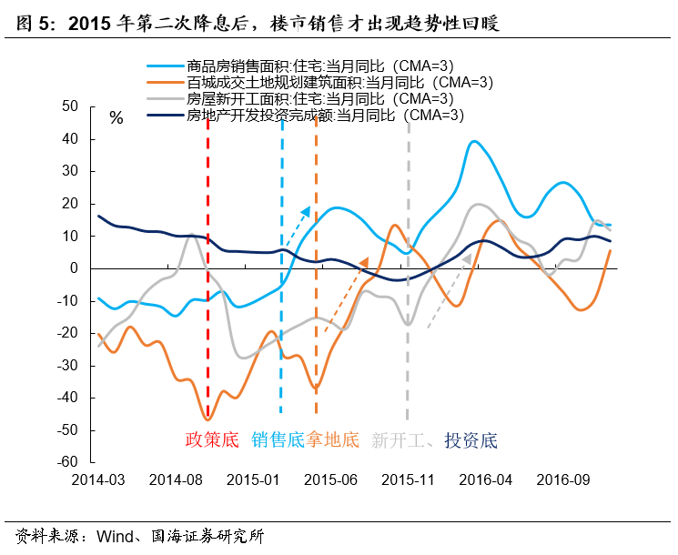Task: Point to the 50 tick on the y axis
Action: pyautogui.click(x=71, y=106)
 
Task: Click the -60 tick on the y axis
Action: pyautogui.click(x=68, y=461)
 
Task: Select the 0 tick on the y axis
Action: pyautogui.click(x=76, y=267)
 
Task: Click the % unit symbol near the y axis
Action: pyautogui.click(x=116, y=118)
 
